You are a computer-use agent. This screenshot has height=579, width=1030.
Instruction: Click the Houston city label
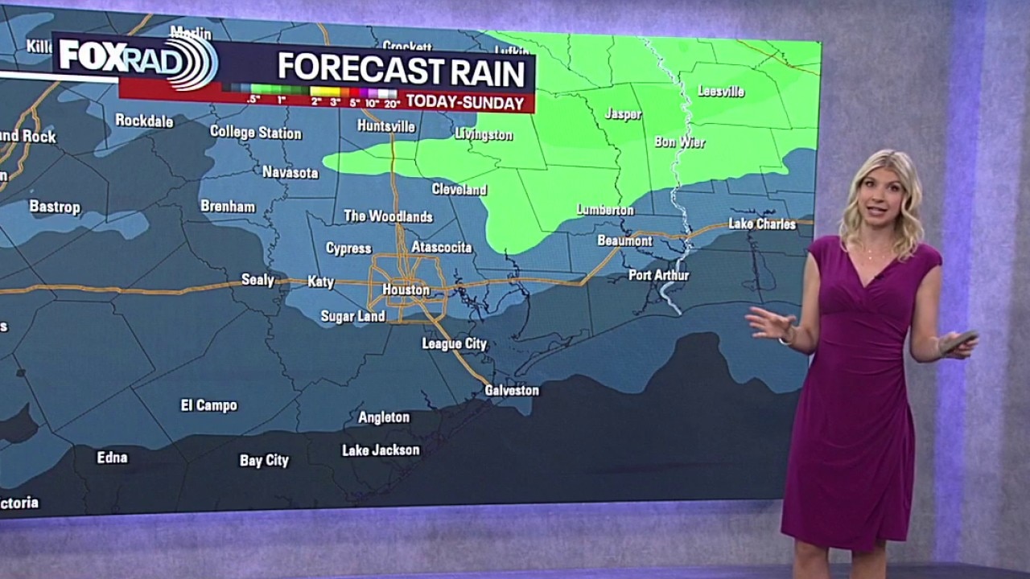(406, 289)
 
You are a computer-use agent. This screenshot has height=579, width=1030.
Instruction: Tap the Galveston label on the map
(512, 390)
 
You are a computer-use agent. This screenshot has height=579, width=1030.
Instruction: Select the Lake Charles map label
(761, 224)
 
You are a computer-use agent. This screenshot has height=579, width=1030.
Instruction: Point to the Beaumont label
(624, 240)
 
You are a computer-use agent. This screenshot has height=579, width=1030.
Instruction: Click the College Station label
(256, 133)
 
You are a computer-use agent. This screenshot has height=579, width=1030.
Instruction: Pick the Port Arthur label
(658, 275)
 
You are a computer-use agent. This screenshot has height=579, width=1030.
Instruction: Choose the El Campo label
(208, 405)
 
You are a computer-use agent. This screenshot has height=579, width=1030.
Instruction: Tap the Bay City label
(264, 461)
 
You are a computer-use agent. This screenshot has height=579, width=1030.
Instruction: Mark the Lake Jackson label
(381, 450)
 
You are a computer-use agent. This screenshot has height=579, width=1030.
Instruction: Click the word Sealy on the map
(258, 280)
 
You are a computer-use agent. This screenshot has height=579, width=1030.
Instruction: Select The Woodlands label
(388, 216)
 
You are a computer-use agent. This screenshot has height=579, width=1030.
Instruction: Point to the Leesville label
(720, 92)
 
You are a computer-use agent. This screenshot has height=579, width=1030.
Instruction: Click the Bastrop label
(55, 207)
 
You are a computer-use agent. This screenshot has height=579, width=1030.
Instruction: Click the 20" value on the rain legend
(391, 102)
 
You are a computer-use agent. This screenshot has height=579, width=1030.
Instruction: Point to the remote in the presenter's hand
(957, 341)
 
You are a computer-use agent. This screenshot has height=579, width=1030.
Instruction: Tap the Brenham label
(228, 207)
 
